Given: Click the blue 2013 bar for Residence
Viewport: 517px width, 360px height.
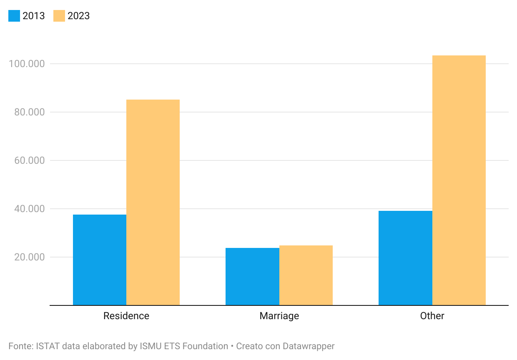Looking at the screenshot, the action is tap(100, 260).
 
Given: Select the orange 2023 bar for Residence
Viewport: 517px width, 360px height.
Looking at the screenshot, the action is tap(153, 202).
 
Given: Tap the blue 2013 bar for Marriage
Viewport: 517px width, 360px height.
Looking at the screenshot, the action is tap(253, 277).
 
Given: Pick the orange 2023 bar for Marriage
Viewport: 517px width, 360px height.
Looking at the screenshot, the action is tap(306, 275).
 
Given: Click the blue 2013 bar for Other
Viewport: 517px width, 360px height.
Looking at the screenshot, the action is tap(406, 258).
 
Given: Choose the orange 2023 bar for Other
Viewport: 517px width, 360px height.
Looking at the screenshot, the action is tap(459, 180).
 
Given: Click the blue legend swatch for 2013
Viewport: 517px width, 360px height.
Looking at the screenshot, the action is tap(14, 16).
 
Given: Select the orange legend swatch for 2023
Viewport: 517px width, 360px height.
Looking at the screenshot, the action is tap(59, 16).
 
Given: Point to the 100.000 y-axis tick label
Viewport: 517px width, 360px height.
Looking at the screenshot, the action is tap(27, 64).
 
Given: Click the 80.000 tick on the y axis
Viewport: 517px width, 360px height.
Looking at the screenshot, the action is tap(29, 112).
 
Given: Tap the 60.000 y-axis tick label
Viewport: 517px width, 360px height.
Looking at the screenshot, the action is tap(29, 160).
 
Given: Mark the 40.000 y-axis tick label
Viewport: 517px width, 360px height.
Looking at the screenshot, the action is tap(29, 209).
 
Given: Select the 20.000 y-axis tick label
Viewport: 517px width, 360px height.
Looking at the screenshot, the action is tap(29, 257).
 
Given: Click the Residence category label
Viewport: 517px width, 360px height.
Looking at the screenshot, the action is tap(126, 316).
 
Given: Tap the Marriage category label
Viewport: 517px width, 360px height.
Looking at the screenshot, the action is tap(279, 316).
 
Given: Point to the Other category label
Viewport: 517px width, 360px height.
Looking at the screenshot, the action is tap(432, 316).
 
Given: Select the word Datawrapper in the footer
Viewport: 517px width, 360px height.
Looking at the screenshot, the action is tap(309, 347).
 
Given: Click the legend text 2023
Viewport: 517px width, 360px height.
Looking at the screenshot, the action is tap(78, 16).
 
